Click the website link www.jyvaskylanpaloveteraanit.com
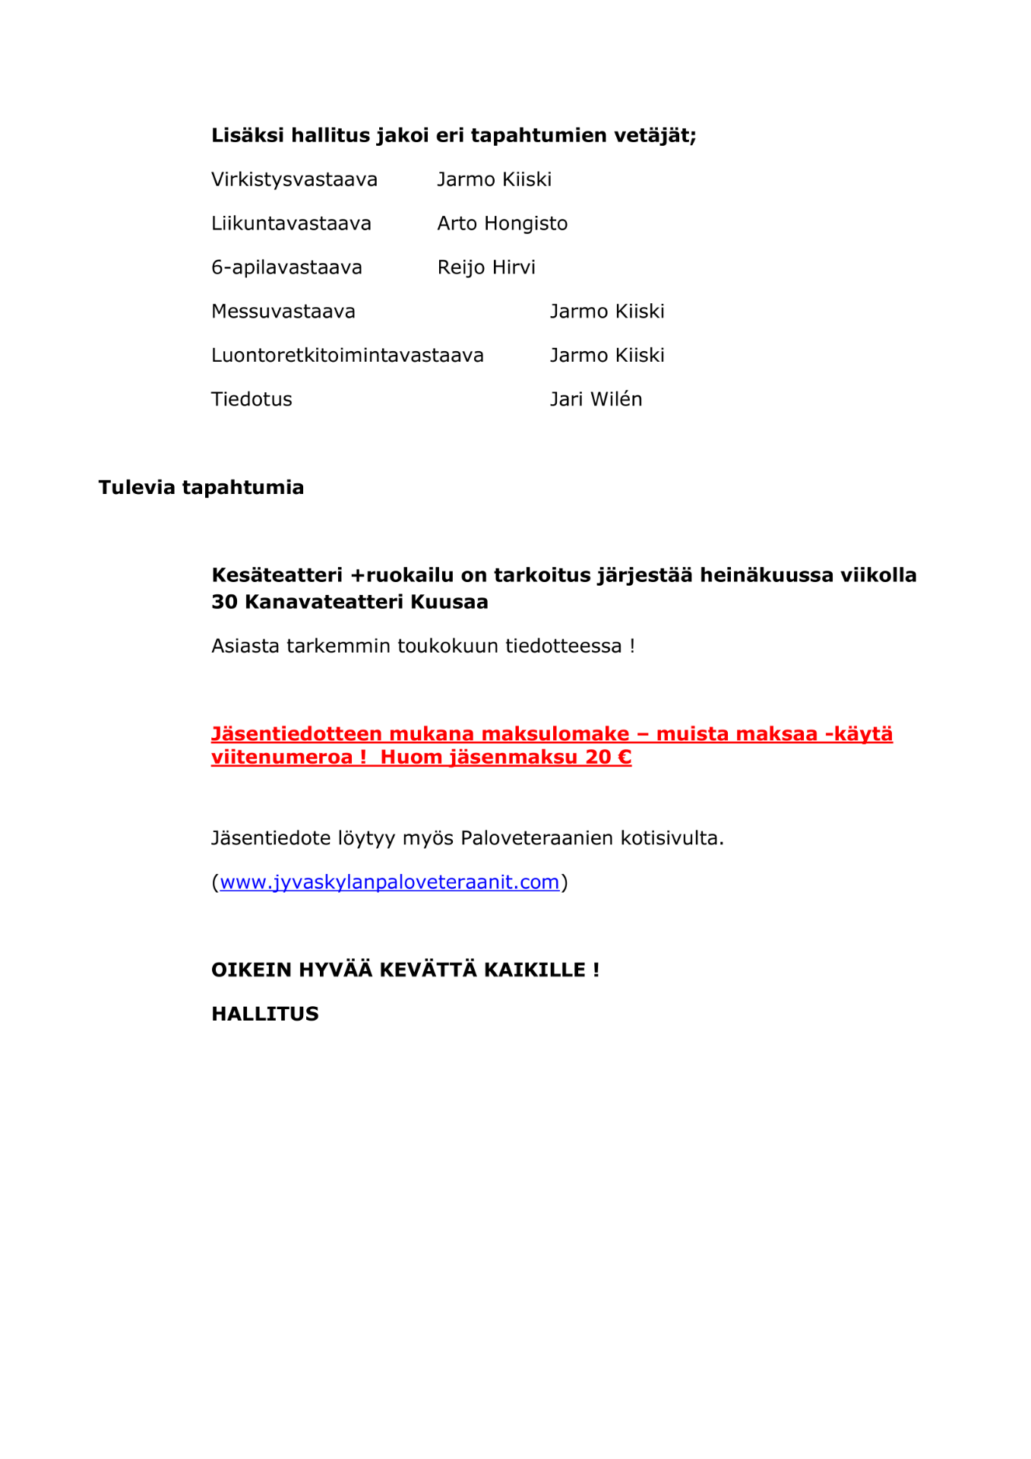pyautogui.click(x=389, y=881)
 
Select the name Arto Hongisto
pyautogui.click(x=502, y=223)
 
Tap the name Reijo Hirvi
pyautogui.click(x=486, y=267)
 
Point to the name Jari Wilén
pyautogui.click(x=596, y=399)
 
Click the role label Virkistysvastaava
pyautogui.click(x=294, y=179)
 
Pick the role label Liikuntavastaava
pyautogui.click(x=291, y=223)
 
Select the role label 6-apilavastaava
pyautogui.click(x=286, y=267)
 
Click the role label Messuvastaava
pyautogui.click(x=283, y=312)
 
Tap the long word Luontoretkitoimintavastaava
pyautogui.click(x=347, y=355)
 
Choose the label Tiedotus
pyautogui.click(x=251, y=399)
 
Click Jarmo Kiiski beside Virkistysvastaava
pyautogui.click(x=494, y=179)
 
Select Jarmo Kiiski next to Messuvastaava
pyautogui.click(x=607, y=312)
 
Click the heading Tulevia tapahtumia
pyautogui.click(x=201, y=487)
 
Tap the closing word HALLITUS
pyautogui.click(x=264, y=1014)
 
